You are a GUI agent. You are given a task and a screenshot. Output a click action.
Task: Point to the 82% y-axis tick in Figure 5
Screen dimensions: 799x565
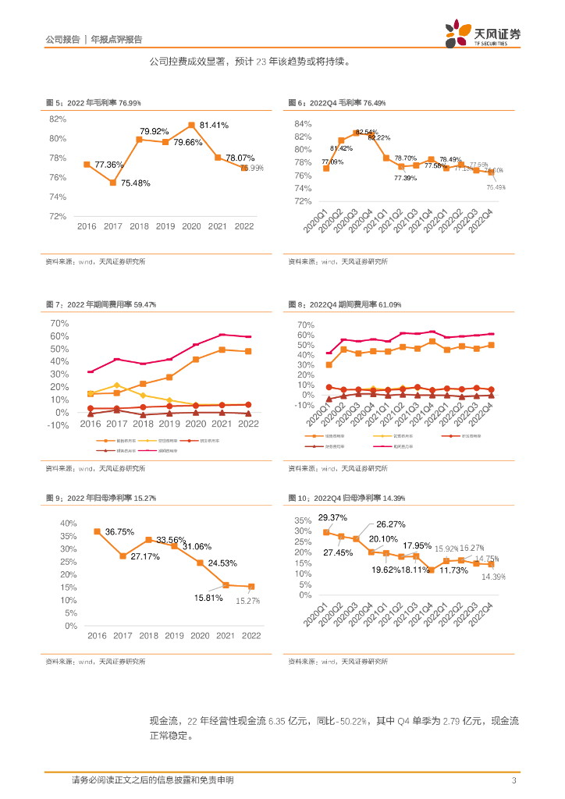coord(58,119)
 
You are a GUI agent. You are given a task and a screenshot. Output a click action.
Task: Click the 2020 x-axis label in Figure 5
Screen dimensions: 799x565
coord(191,226)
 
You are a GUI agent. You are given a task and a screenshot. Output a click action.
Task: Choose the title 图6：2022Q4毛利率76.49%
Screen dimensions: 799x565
coord(336,103)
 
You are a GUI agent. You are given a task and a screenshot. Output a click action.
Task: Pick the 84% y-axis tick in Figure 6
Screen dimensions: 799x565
coord(303,124)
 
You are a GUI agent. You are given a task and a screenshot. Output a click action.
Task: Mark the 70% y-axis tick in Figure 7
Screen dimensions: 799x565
coord(59,323)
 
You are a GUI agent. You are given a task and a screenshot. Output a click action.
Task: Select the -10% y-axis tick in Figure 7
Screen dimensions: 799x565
coord(58,425)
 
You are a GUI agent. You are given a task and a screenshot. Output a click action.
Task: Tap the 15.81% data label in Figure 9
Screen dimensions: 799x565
coord(208,598)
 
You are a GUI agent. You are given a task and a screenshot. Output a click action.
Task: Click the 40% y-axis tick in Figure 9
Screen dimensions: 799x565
coord(68,523)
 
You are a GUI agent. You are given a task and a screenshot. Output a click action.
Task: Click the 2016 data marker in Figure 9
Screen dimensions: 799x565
coord(98,531)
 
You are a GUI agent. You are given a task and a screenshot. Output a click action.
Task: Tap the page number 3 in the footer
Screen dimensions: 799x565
coord(513,780)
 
